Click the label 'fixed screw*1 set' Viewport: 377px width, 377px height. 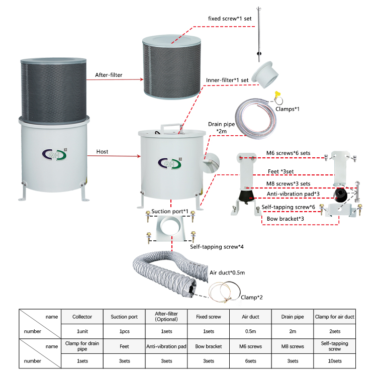pyautogui.click(x=230, y=19)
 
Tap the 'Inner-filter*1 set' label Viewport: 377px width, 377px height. pyautogui.click(x=227, y=80)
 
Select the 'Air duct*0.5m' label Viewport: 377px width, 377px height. pyautogui.click(x=227, y=272)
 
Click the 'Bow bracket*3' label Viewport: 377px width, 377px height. pyautogui.click(x=285, y=219)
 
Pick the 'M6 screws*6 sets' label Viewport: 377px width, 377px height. pyautogui.click(x=288, y=153)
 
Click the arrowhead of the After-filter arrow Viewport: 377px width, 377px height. pyautogui.click(x=142, y=79)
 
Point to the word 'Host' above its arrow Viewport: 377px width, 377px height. pyautogui.click(x=102, y=151)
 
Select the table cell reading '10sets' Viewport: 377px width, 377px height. pyautogui.click(x=334, y=361)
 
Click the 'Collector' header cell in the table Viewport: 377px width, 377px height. pyautogui.click(x=82, y=317)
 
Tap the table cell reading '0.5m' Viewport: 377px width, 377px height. pyautogui.click(x=250, y=331)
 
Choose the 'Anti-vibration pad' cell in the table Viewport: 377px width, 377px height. pyautogui.click(x=166, y=346)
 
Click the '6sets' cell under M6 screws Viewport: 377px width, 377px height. pyautogui.click(x=250, y=361)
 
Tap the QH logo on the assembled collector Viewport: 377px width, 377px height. pyautogui.click(x=55, y=154)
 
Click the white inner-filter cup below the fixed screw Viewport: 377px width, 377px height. pyautogui.click(x=265, y=75)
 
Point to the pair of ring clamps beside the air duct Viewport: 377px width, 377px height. pyautogui.click(x=224, y=292)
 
